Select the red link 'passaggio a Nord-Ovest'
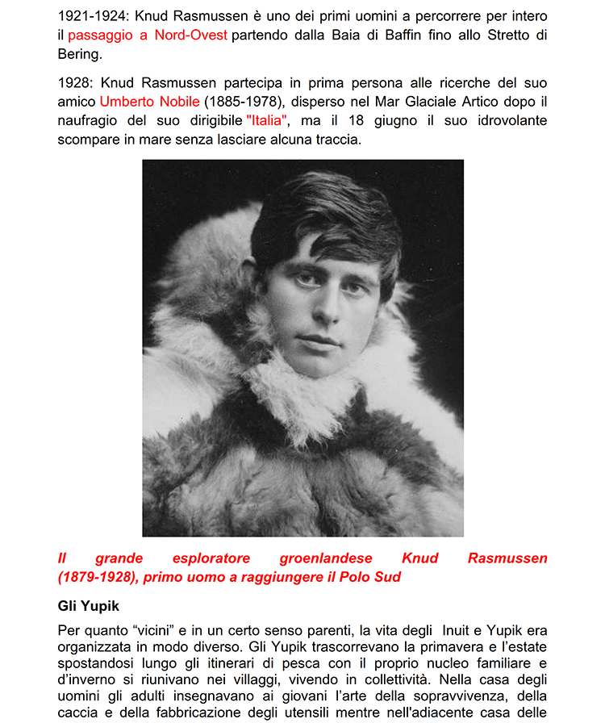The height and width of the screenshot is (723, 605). (x=148, y=35)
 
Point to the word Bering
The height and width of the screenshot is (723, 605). (x=79, y=54)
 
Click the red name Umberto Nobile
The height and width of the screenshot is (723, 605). (x=149, y=102)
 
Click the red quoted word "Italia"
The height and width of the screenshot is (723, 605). (x=267, y=121)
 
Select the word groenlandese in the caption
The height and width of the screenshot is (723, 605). (x=327, y=558)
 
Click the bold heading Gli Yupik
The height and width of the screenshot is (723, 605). (x=89, y=605)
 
